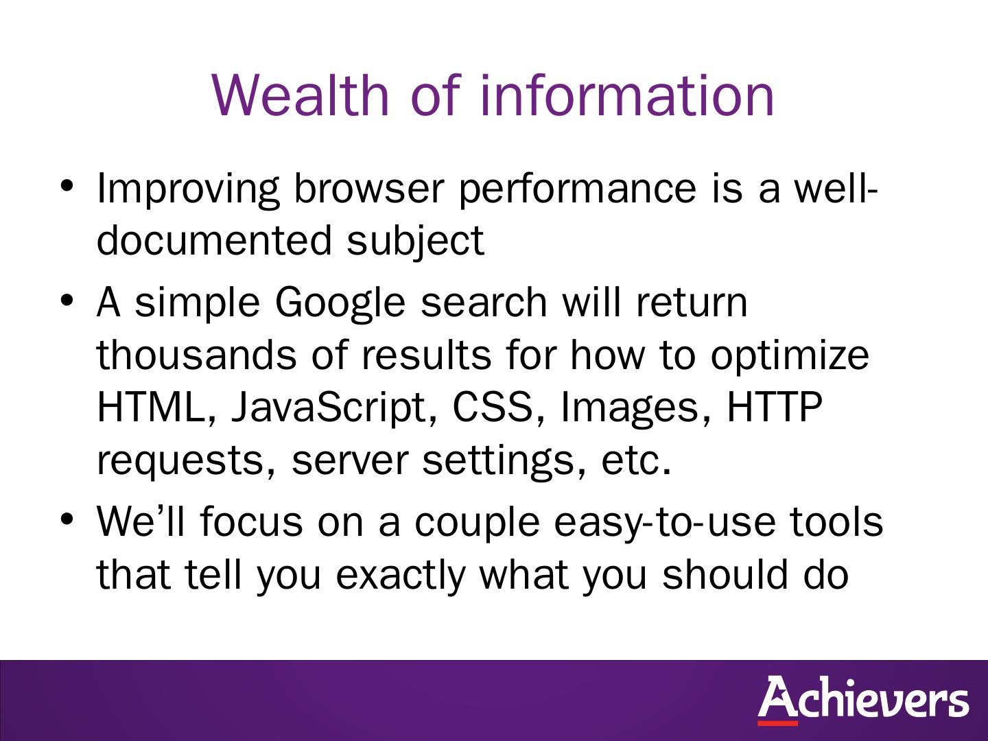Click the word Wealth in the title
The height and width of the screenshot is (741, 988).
[x=301, y=95]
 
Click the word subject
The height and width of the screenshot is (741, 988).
[x=416, y=242]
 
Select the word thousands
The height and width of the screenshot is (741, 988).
[x=197, y=355]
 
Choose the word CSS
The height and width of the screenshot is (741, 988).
[x=493, y=407]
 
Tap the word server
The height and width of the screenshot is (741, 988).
[x=350, y=462]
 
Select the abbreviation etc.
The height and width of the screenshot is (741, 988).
[x=636, y=460]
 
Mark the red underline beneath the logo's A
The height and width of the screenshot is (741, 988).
[x=777, y=723]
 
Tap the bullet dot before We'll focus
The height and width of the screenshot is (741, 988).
[x=67, y=519]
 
